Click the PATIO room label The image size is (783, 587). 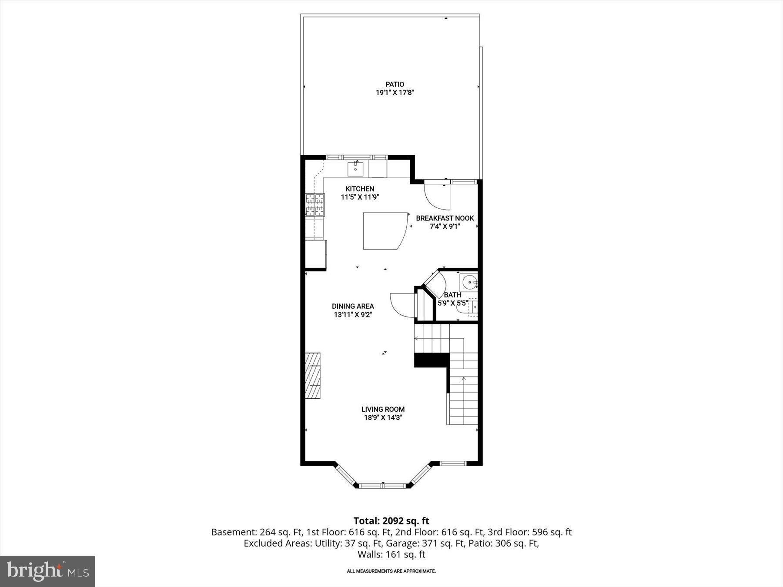(395, 84)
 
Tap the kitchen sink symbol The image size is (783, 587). (355, 169)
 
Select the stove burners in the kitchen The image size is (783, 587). (315, 205)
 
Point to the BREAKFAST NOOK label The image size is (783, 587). (445, 218)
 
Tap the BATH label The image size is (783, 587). (452, 295)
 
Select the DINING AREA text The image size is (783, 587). (353, 306)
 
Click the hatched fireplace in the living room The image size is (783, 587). (313, 376)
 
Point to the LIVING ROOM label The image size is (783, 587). (383, 409)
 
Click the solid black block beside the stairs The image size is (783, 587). (431, 360)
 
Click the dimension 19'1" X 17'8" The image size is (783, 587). (395, 93)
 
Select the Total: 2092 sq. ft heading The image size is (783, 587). (391, 521)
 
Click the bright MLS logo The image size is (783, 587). (47, 571)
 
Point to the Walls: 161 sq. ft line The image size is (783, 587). (391, 554)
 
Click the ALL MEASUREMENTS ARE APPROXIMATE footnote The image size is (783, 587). (391, 571)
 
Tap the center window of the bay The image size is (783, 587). (383, 486)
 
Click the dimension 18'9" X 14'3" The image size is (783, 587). (383, 418)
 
